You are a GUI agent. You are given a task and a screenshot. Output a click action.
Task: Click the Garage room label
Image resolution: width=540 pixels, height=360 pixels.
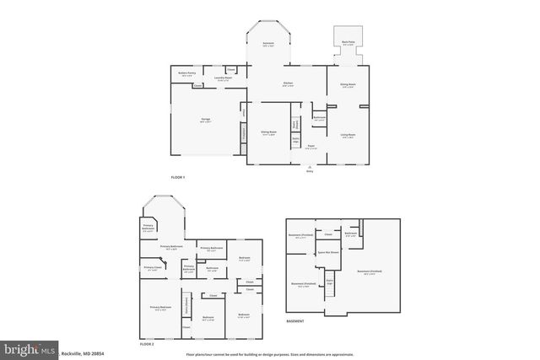[x=205, y=121]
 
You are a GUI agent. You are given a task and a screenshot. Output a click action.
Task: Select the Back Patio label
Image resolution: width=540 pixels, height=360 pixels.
[x=347, y=42]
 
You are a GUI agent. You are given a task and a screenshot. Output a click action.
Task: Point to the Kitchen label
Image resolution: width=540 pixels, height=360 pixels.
[x=287, y=83]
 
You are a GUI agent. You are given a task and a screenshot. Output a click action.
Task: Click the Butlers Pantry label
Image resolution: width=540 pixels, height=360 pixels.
[x=186, y=74]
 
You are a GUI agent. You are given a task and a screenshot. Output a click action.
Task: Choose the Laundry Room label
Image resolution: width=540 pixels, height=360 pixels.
[x=224, y=79]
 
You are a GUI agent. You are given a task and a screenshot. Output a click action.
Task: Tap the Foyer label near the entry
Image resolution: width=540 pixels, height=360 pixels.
[x=311, y=146]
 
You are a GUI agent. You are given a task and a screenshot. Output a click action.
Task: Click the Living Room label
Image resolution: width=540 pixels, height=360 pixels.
[x=348, y=135]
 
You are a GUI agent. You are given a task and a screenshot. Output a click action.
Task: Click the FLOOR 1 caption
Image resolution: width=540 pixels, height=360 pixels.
[x=177, y=177]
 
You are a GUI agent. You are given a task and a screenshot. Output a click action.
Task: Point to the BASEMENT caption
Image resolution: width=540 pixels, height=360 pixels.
[x=295, y=321]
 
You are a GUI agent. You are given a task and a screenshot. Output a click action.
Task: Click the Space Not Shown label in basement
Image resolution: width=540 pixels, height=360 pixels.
[x=327, y=252]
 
